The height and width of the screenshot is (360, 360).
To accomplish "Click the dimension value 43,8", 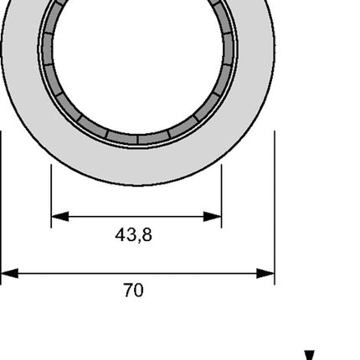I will pyautogui.click(x=133, y=236).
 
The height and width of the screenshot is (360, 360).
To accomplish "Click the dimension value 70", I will pyautogui.click(x=133, y=291).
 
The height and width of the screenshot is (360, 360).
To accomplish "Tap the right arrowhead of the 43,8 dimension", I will pyautogui.click(x=214, y=217).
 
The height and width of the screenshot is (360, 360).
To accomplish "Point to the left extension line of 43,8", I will pyautogui.click(x=51, y=188).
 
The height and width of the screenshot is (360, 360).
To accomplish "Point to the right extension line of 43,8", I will pyautogui.click(x=222, y=188).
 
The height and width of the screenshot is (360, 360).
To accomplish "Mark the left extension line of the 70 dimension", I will pyautogui.click(x=1, y=209).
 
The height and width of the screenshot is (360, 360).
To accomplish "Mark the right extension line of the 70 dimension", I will pyautogui.click(x=275, y=209).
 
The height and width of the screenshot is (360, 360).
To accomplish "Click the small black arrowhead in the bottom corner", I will pyautogui.click(x=309, y=356).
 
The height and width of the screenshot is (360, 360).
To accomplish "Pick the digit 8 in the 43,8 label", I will pyautogui.click(x=147, y=236).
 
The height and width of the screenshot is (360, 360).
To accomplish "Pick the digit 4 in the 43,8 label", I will pyautogui.click(x=121, y=236).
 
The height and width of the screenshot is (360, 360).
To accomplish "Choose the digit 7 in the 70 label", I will pyautogui.click(x=128, y=291).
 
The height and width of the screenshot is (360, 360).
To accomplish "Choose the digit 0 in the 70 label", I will pyautogui.click(x=138, y=291).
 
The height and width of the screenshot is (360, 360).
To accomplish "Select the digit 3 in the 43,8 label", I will pyautogui.click(x=131, y=236).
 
